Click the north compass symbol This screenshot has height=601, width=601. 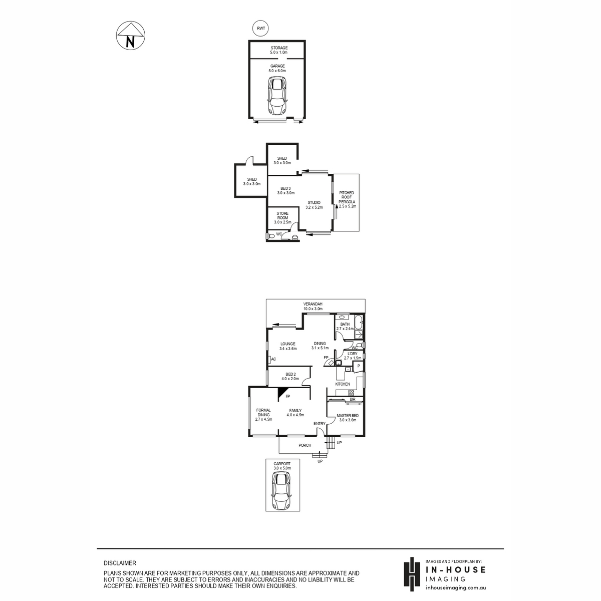click(130, 35)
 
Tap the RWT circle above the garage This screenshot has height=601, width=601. click(260, 29)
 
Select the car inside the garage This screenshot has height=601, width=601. click(277, 96)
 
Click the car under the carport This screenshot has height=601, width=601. click(282, 494)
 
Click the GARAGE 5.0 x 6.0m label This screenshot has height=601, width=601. click(277, 68)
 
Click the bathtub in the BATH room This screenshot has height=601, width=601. click(360, 323)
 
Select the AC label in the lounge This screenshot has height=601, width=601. click(273, 359)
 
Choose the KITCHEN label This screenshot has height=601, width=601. click(343, 384)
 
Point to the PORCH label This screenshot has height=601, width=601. click(305, 445)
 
